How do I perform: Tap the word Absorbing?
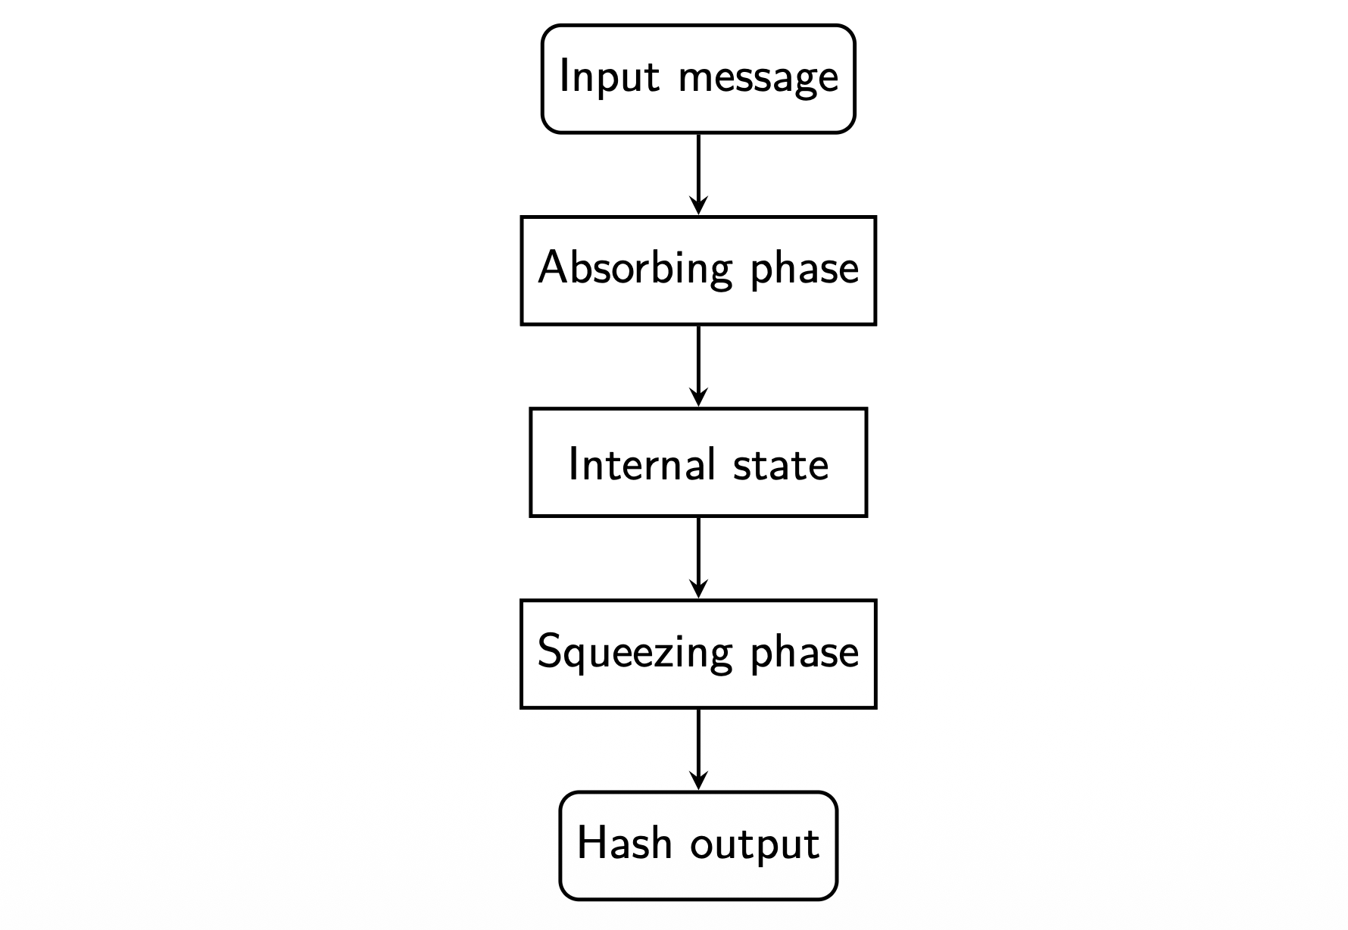(635, 269)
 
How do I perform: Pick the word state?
(781, 464)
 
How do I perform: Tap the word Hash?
(624, 843)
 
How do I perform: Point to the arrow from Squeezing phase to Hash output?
(698, 745)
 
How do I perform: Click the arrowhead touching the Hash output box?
(698, 781)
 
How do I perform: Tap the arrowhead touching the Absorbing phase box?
(698, 205)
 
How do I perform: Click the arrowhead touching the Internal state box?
(698, 398)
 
